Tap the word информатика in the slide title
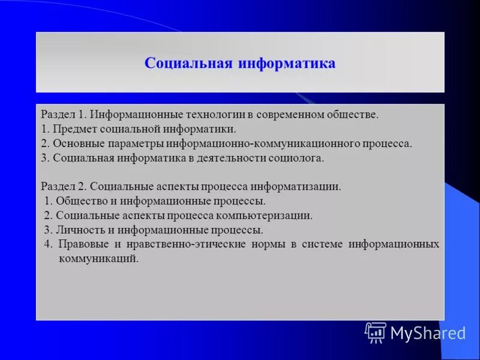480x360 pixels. coord(287,64)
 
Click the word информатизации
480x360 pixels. coord(304,187)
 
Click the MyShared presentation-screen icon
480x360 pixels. coord(376,332)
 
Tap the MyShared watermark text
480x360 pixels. coord(428,333)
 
